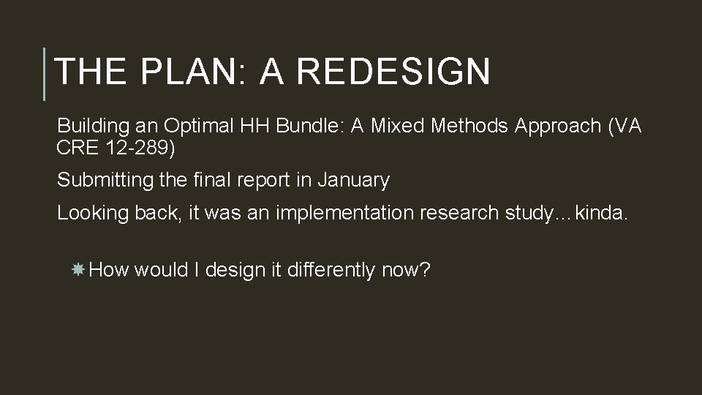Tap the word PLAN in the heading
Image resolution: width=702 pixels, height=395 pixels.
[188, 72]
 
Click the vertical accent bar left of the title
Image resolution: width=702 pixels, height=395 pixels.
[45, 74]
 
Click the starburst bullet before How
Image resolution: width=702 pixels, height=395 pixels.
[78, 271]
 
